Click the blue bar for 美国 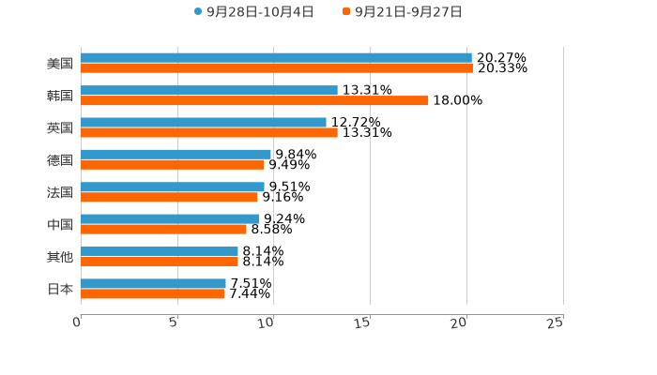click(276, 58)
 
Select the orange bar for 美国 click(277, 68)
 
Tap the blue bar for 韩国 click(209, 90)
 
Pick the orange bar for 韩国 click(254, 100)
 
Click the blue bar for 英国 click(204, 122)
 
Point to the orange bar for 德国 click(173, 165)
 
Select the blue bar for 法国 click(173, 187)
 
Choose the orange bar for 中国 click(164, 229)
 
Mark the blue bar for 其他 click(160, 251)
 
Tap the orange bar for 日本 click(153, 294)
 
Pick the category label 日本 click(60, 289)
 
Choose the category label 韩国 click(60, 96)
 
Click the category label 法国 click(60, 192)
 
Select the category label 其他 click(60, 257)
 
